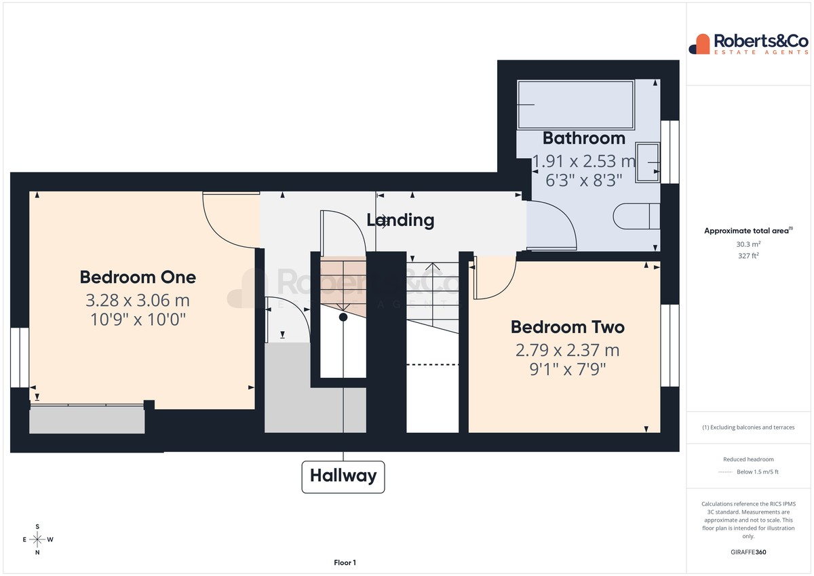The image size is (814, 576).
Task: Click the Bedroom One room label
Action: pyautogui.click(x=138, y=277)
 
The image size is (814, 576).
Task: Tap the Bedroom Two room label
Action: pyautogui.click(x=568, y=327)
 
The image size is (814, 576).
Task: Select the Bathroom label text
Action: pyautogui.click(x=584, y=138)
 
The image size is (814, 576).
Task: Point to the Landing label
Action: pyautogui.click(x=400, y=220)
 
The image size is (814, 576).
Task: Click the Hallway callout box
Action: pyautogui.click(x=343, y=477)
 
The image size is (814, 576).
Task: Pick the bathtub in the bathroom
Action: pyautogui.click(x=576, y=104)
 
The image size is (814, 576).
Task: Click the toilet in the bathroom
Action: pyautogui.click(x=636, y=216)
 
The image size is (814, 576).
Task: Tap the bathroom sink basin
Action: pyautogui.click(x=648, y=162)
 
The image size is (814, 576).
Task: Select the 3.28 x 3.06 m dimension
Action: pyautogui.click(x=138, y=300)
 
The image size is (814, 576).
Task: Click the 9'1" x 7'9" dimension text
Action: pyautogui.click(x=568, y=369)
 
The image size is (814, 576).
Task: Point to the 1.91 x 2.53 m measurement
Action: pyautogui.click(x=584, y=161)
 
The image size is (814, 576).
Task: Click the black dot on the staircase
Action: pyautogui.click(x=343, y=318)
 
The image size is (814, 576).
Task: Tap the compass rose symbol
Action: pyautogui.click(x=37, y=539)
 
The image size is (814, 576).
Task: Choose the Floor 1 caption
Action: pyautogui.click(x=345, y=562)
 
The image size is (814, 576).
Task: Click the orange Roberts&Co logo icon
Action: pyautogui.click(x=699, y=44)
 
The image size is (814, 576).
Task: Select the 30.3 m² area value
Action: pyautogui.click(x=748, y=244)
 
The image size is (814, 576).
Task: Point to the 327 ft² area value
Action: pyautogui.click(x=748, y=256)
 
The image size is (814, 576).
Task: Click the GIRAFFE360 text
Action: pyautogui.click(x=748, y=552)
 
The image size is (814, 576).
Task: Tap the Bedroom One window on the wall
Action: pyautogui.click(x=20, y=358)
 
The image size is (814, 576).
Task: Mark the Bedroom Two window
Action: pyautogui.click(x=670, y=345)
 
